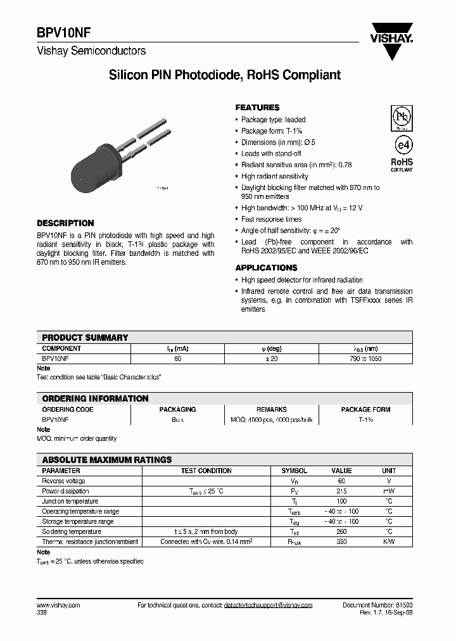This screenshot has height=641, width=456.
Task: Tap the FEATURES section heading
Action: [257, 108]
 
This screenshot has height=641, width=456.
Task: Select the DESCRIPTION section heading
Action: [65, 223]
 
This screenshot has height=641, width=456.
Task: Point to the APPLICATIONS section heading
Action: [266, 268]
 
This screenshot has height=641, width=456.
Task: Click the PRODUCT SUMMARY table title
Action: [85, 338]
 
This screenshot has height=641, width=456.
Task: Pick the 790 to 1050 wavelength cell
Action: [365, 359]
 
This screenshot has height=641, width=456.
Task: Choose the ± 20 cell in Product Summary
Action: [272, 359]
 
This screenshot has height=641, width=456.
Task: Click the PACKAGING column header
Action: [177, 409]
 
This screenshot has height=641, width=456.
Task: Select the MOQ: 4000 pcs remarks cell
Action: [272, 419]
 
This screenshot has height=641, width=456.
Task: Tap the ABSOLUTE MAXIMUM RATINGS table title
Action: [106, 460]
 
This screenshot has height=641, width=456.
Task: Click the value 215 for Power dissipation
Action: [341, 491]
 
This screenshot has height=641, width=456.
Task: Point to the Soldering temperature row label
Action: [72, 531]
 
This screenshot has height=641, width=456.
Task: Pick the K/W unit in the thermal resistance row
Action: [388, 542]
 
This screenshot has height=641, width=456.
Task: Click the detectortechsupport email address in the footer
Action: [268, 606]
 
